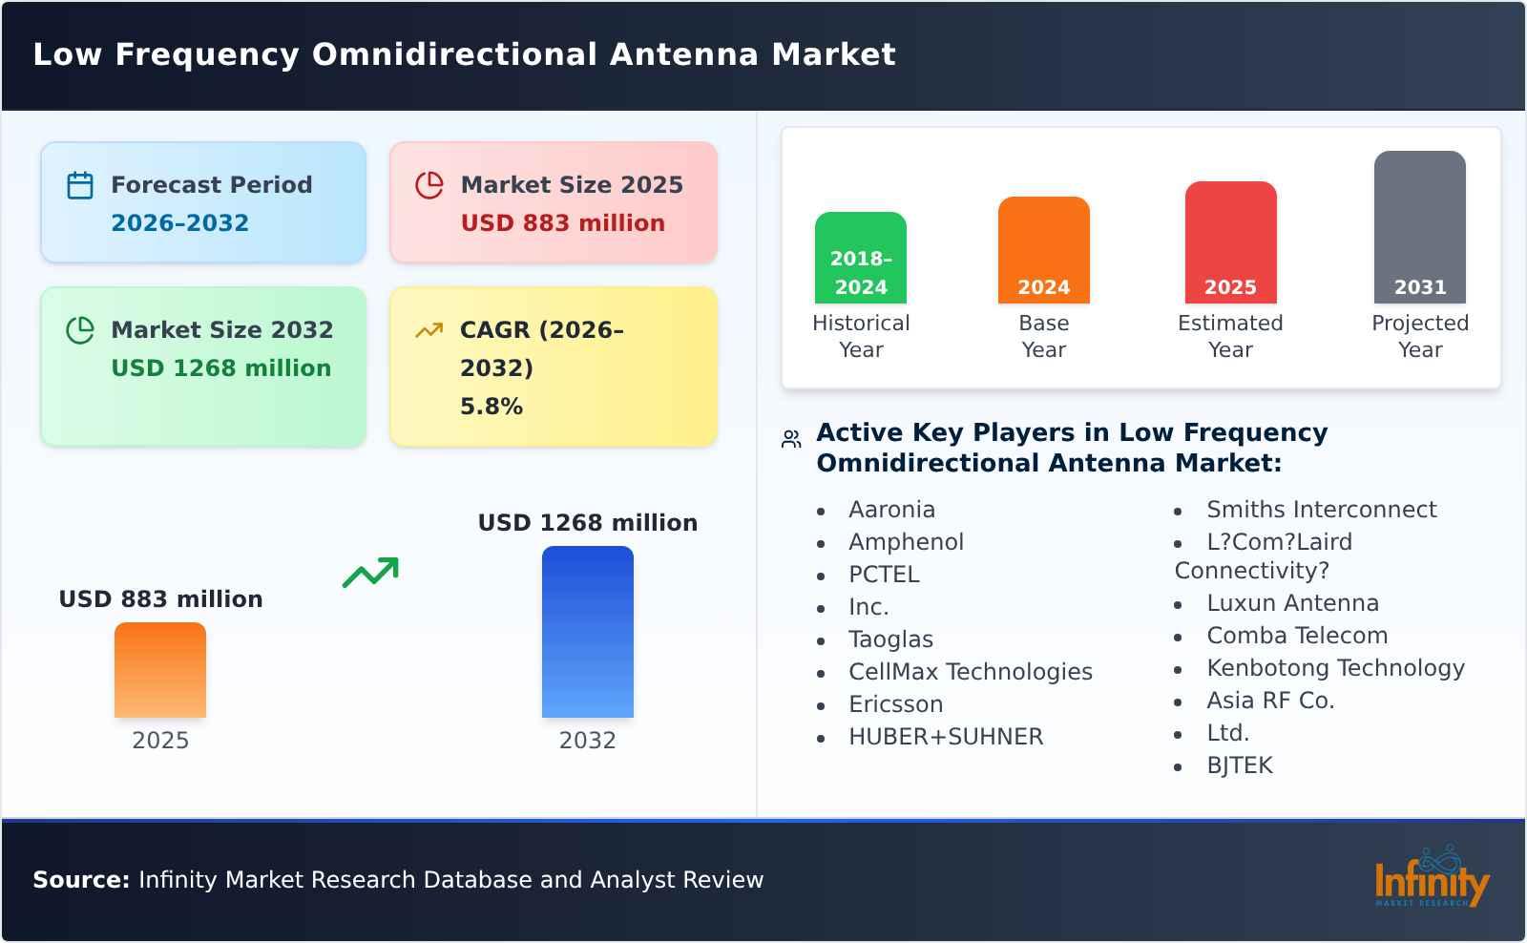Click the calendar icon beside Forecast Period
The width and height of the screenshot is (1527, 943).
[x=80, y=185]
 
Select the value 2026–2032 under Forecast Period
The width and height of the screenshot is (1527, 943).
[x=179, y=223]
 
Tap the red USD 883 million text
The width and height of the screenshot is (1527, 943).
[x=562, y=223]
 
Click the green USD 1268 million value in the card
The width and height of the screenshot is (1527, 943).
[x=220, y=368]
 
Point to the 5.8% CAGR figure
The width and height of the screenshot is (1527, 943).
[x=491, y=407]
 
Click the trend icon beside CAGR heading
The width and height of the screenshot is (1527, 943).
[x=429, y=330]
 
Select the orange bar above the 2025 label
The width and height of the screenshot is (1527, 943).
[x=160, y=670]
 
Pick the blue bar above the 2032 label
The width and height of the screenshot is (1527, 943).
[x=587, y=632]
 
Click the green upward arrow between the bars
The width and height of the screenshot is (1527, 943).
[x=370, y=573]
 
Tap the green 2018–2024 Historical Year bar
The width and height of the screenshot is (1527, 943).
[x=860, y=258]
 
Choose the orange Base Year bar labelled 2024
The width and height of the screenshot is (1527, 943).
[x=1043, y=250]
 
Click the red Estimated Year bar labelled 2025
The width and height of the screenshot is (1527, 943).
[x=1230, y=242]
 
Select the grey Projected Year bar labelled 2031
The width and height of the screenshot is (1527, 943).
[x=1419, y=227]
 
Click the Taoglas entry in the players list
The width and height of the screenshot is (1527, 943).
[x=890, y=639]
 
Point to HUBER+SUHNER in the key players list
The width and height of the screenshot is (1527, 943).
[x=945, y=737]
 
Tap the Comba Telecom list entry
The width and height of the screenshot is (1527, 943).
[x=1296, y=636]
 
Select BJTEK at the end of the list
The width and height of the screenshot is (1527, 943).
[x=1239, y=765]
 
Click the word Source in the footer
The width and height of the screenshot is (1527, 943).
[x=80, y=880]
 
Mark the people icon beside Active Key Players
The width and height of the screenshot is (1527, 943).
[x=791, y=439]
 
